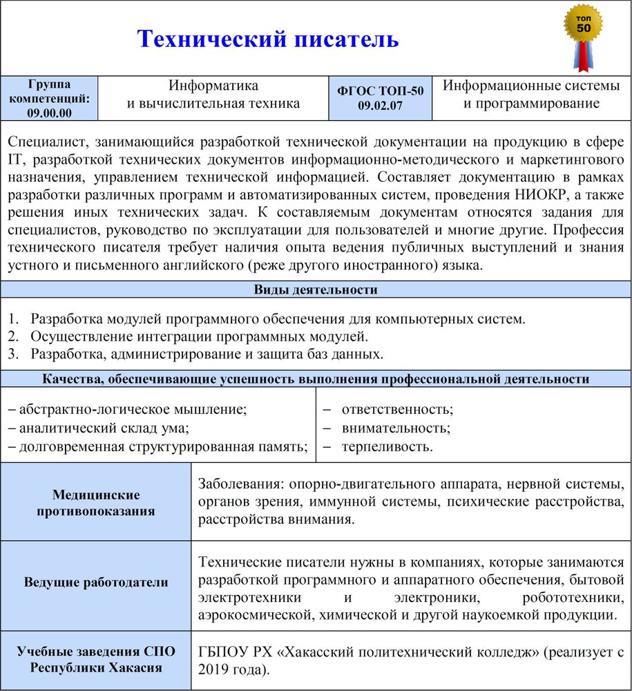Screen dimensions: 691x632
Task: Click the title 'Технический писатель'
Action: point(268,39)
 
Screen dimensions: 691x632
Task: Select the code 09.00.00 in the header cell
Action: point(49,113)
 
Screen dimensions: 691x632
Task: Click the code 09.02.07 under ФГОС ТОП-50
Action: point(381,106)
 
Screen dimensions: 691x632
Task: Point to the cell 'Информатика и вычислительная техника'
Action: point(213,95)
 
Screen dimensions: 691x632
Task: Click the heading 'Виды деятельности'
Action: point(316,290)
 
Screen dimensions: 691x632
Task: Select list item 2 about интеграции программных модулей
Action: point(199,337)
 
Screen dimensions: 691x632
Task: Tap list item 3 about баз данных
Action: point(206,354)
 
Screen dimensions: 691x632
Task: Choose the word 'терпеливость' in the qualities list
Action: point(387,446)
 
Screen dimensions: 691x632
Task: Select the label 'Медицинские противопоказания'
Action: point(96,503)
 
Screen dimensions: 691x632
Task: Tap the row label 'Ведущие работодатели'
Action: point(96,582)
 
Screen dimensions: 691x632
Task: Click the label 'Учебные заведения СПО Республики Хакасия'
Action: point(96,659)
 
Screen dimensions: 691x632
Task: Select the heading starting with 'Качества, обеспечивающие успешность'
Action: point(316,379)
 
